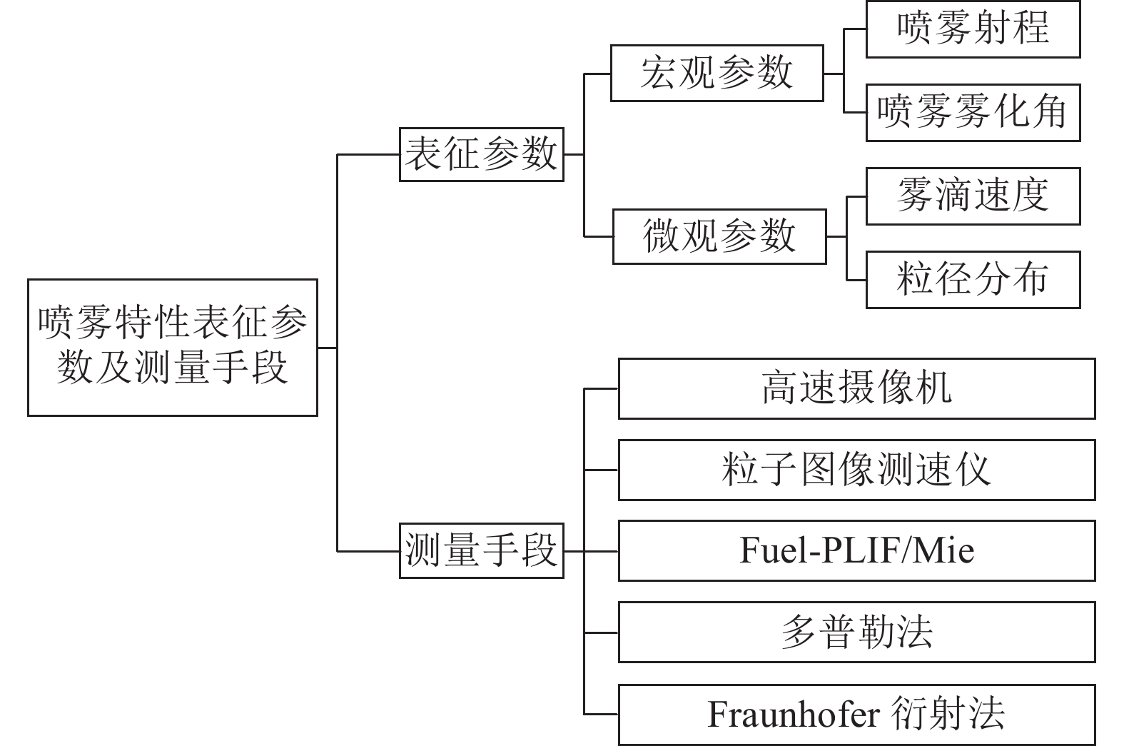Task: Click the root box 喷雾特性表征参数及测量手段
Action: point(172,347)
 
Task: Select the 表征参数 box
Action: point(481,154)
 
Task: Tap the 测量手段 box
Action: point(481,550)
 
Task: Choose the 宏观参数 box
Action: point(717,73)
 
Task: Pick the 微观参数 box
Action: point(719,236)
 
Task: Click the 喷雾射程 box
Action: point(973,29)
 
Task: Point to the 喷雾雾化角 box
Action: point(973,113)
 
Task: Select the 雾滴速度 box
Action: point(973,196)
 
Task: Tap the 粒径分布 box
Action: point(973,279)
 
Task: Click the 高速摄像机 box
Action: point(856,388)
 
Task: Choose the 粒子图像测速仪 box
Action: point(856,470)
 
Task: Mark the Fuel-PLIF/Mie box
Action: point(856,550)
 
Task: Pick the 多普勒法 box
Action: point(856,632)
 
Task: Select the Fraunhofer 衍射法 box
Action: point(856,715)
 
